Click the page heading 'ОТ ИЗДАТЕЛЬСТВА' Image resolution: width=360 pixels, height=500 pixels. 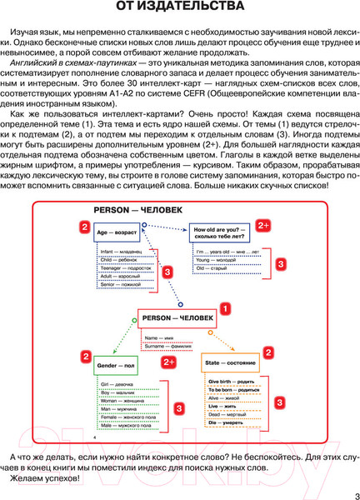180,9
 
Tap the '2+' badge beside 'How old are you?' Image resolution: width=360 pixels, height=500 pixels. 263,226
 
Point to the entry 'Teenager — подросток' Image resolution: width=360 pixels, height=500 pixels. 123,268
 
